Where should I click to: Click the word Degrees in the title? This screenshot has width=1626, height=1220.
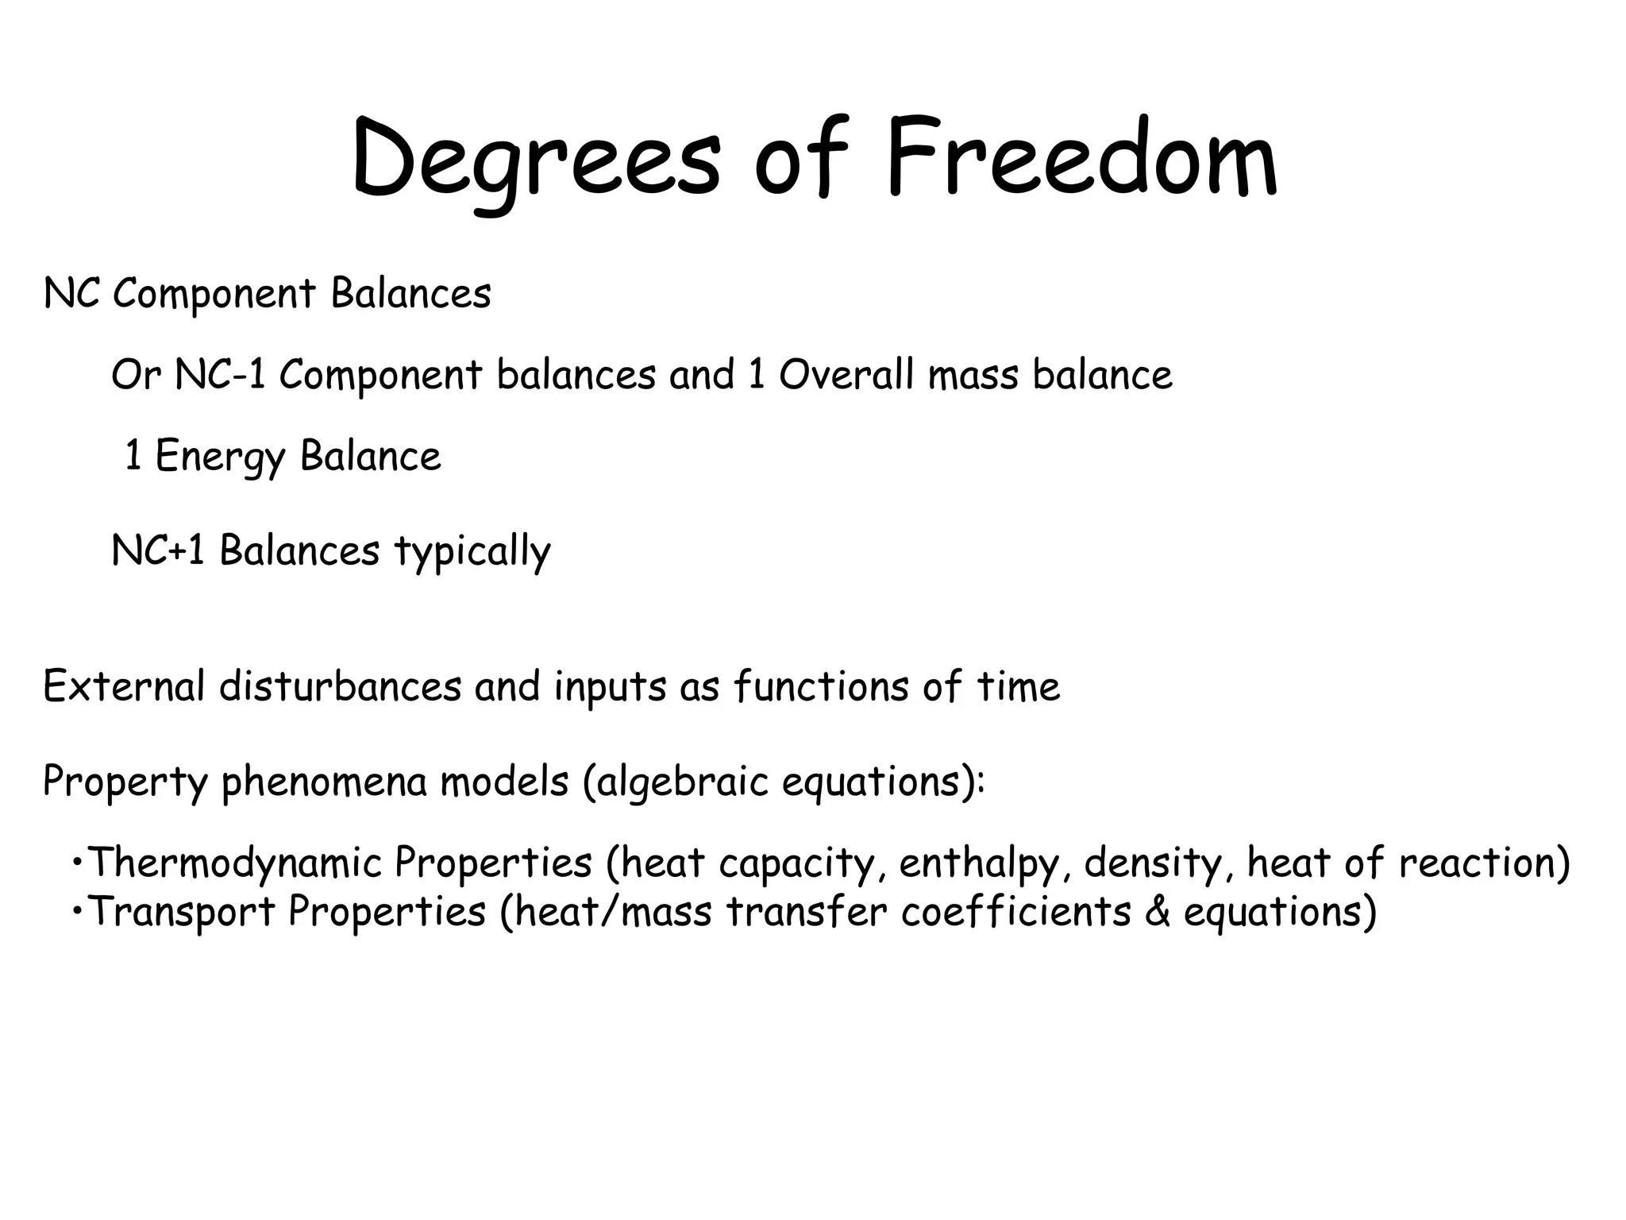click(x=537, y=159)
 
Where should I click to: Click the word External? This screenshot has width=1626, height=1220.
click(x=124, y=686)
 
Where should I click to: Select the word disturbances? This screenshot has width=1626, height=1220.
click(x=341, y=686)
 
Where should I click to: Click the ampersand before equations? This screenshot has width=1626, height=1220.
click(x=1158, y=912)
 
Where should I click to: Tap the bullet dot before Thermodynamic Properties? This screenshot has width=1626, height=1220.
click(x=77, y=861)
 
